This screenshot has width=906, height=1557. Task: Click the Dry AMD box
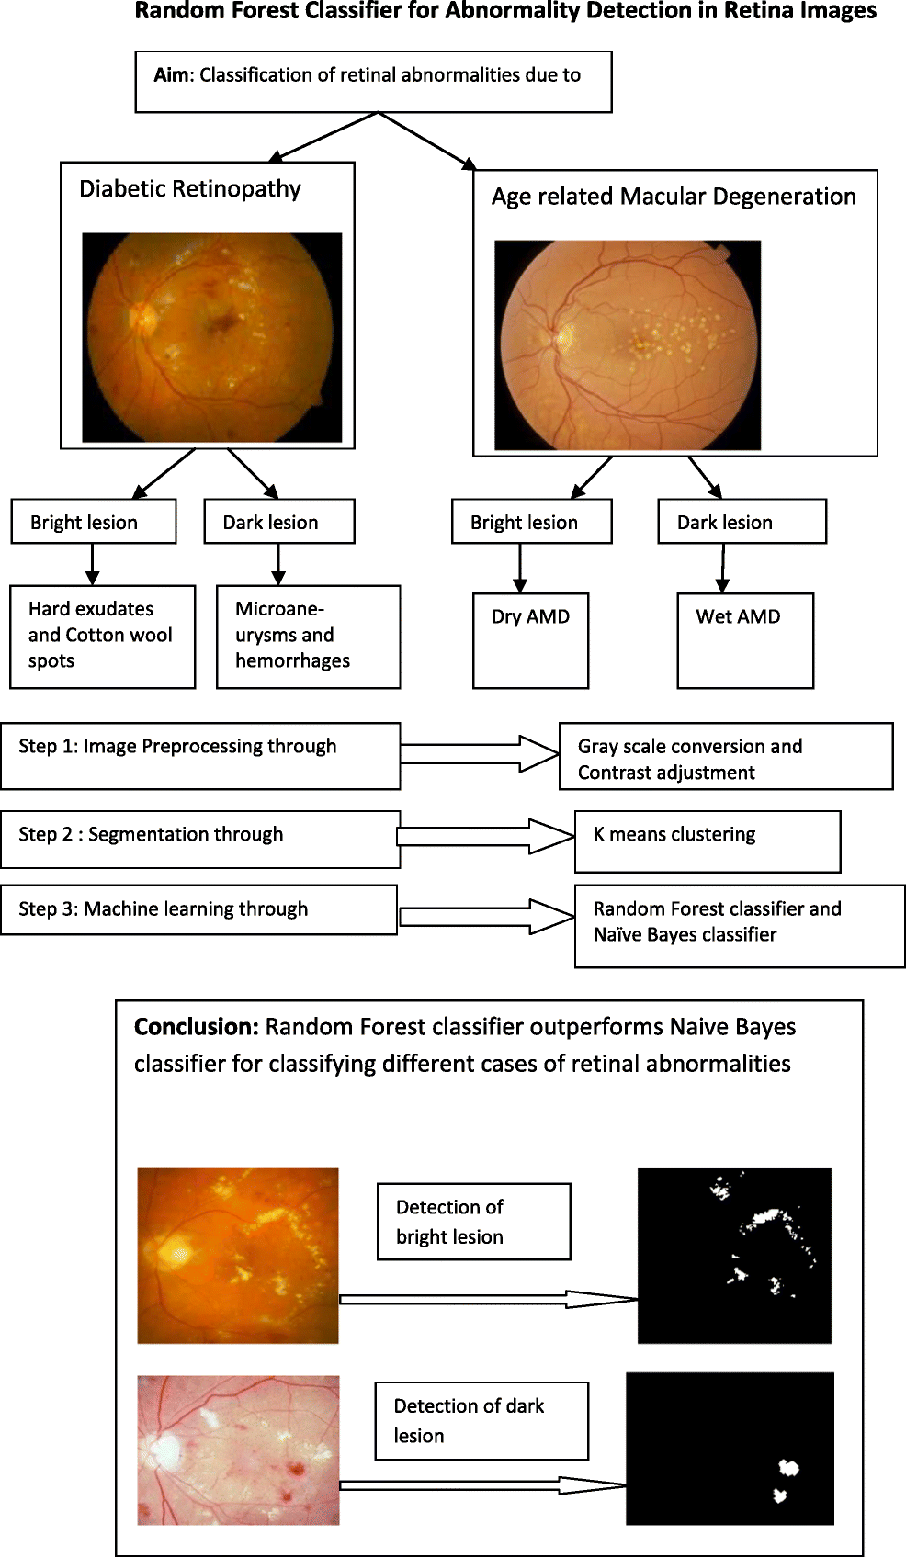point(530,640)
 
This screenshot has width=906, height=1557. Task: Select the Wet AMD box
point(745,640)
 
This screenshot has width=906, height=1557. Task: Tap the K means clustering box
point(707,841)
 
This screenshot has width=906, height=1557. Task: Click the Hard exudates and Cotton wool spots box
point(102,636)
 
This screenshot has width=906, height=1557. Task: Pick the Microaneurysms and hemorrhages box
point(308,636)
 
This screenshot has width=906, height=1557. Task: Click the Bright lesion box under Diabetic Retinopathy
point(93,522)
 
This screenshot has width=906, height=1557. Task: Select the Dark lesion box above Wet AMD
point(742,522)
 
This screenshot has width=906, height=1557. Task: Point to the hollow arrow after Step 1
point(480,753)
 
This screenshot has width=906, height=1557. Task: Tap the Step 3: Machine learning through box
point(198,909)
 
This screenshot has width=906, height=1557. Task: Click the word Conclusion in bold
point(196,1027)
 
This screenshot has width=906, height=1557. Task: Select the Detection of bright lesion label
point(473,1221)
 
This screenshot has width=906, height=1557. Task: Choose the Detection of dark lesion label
point(481,1420)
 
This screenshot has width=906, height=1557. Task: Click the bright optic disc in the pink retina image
point(166,1450)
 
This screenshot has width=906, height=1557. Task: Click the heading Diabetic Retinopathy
point(190,189)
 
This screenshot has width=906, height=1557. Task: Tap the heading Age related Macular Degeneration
point(674,197)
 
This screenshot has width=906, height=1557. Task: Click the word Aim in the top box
point(171,75)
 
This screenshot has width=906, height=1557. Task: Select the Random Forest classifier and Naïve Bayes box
point(739,925)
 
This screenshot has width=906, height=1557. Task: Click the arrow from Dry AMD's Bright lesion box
point(520,568)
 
